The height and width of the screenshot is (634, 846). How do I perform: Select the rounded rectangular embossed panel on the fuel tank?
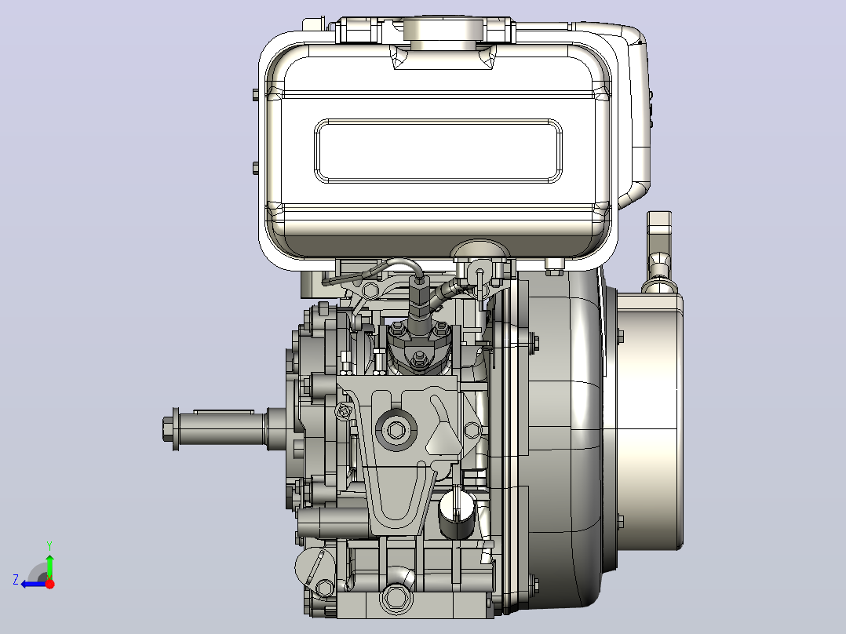tap(438, 151)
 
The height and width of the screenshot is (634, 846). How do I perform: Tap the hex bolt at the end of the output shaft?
tap(170, 429)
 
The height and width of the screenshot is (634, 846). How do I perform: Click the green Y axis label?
tap(49, 545)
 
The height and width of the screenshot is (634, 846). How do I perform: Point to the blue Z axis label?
tap(16, 580)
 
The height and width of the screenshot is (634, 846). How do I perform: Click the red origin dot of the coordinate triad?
tap(49, 584)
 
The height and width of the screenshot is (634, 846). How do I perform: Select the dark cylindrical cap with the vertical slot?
tap(457, 516)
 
